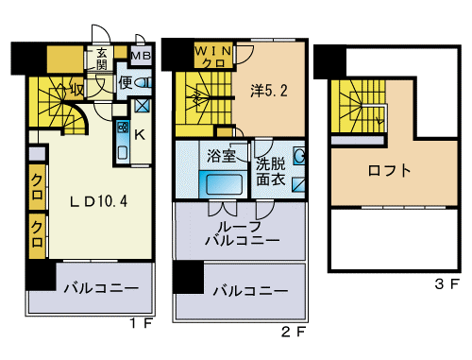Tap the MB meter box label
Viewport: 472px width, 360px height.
point(141,56)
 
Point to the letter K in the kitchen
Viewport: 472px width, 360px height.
point(140,135)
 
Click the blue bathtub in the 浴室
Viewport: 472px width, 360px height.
point(222,182)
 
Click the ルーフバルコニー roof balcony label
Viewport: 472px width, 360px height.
point(243,233)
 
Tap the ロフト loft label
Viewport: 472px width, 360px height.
point(388,171)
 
